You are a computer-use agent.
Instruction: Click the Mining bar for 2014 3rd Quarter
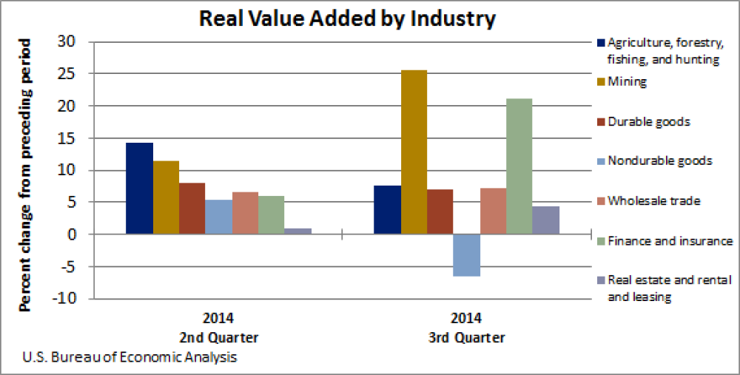coord(414,152)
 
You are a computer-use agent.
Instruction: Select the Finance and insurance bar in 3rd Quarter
coord(519,166)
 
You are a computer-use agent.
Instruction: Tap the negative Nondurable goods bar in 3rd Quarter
coord(467,255)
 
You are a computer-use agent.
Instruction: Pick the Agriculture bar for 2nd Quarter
coord(139,189)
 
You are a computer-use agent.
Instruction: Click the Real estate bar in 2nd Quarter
coord(297,232)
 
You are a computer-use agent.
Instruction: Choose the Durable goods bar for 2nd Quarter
coord(192,209)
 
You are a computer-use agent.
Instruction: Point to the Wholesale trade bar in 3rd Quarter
coord(493,212)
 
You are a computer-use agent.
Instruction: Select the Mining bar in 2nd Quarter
coord(166,197)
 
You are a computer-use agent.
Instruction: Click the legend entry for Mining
coord(626,82)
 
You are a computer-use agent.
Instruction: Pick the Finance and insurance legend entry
coord(669,240)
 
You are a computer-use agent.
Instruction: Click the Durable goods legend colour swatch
coord(600,121)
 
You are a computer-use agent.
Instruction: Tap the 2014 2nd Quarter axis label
coord(219,328)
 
